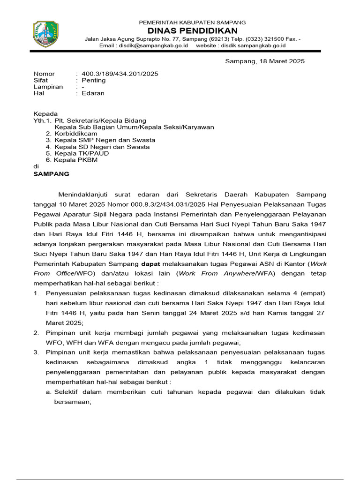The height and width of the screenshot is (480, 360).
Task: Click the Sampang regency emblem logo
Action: coord(45,34)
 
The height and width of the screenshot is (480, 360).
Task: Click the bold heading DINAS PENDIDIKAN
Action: coord(192,30)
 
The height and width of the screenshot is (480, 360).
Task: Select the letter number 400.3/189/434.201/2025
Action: coord(120,74)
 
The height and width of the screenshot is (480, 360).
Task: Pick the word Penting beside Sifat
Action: coord(94,80)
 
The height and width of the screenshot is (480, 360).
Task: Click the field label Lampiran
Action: coord(48,87)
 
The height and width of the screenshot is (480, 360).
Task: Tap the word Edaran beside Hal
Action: coord(93,93)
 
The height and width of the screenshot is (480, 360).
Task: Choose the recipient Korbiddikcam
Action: coord(76,134)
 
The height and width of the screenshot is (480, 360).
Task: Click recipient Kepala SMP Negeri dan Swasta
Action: coord(105,140)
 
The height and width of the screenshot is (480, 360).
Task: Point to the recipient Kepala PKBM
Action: coord(76,160)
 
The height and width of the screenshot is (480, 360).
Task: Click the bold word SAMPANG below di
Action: coord(51,174)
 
